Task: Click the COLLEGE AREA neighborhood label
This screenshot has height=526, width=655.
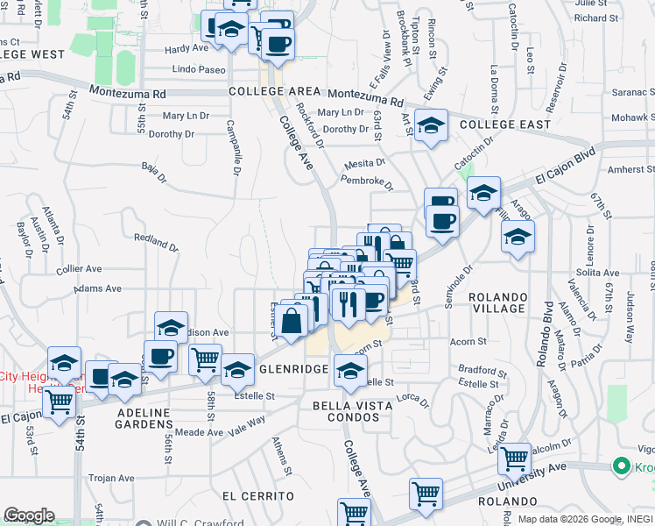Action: click(x=274, y=91)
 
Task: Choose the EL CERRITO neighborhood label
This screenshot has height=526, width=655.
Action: click(x=257, y=495)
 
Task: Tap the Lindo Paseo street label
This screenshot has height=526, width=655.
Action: click(x=200, y=69)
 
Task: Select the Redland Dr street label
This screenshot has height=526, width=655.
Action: click(x=155, y=238)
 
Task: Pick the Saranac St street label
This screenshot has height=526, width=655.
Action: click(x=634, y=91)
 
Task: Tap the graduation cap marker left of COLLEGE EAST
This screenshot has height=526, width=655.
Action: click(x=430, y=126)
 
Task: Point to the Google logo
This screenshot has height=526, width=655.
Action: click(x=29, y=515)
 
